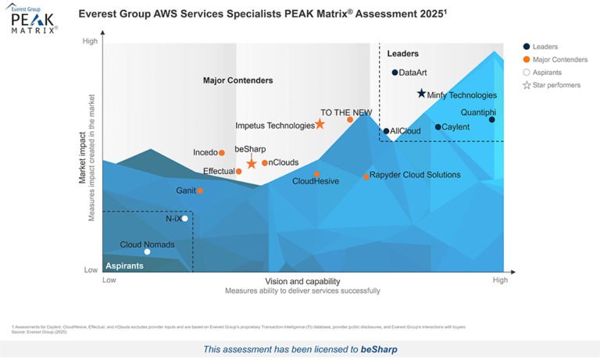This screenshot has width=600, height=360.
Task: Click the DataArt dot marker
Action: (x=395, y=73)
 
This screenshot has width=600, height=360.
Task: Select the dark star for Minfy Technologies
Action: (x=421, y=94)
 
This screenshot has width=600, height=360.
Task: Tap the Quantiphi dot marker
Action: (x=492, y=119)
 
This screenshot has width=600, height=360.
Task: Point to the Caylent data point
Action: (x=437, y=127)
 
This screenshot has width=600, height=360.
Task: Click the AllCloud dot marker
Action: (x=386, y=131)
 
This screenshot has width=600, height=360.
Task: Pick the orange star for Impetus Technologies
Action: (x=320, y=124)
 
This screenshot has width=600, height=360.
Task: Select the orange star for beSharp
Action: (x=252, y=163)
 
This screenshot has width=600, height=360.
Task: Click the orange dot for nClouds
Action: (x=265, y=162)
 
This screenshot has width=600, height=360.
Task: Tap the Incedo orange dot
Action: (x=222, y=153)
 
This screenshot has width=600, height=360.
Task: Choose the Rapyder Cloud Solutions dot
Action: (x=366, y=176)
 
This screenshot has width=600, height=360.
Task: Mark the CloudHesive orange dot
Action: (x=316, y=174)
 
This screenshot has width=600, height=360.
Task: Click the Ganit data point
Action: (x=200, y=191)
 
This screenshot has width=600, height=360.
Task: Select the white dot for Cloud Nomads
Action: (x=147, y=251)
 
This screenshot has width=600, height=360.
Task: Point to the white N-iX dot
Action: (x=184, y=219)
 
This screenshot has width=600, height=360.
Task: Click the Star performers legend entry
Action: (x=551, y=84)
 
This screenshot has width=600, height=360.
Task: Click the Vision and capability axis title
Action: (x=302, y=281)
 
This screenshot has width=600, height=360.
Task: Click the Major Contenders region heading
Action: (x=237, y=80)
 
